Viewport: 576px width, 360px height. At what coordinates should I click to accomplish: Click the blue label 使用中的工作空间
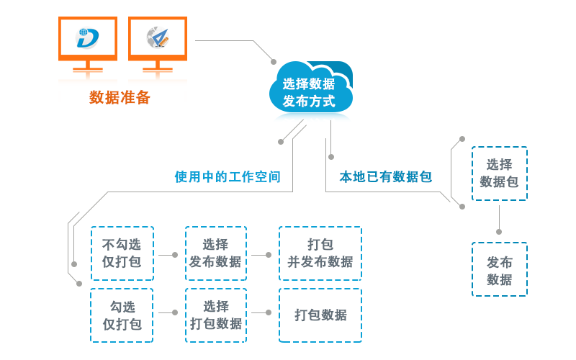click(x=228, y=177)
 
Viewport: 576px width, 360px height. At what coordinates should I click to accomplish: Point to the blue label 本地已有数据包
click(x=386, y=177)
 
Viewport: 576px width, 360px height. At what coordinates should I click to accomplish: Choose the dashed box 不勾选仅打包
click(x=122, y=253)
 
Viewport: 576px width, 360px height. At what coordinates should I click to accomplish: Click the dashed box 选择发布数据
click(x=216, y=253)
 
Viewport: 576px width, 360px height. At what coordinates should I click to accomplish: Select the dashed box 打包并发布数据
click(x=320, y=253)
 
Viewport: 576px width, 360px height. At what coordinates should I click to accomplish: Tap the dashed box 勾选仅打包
click(x=122, y=315)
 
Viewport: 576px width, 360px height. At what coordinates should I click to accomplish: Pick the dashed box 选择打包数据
click(x=216, y=315)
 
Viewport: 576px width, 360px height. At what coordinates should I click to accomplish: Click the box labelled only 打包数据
click(x=320, y=315)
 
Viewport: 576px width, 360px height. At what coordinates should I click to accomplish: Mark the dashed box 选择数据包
click(x=499, y=174)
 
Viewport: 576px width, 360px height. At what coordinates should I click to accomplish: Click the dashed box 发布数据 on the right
click(x=499, y=269)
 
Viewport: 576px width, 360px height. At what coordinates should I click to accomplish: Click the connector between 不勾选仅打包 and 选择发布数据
click(x=168, y=254)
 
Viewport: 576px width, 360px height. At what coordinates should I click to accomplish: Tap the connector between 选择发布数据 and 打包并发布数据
click(x=262, y=254)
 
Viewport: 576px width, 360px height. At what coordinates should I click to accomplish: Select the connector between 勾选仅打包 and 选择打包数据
click(x=168, y=312)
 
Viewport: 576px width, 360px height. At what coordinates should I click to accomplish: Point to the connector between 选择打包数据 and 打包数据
click(x=262, y=312)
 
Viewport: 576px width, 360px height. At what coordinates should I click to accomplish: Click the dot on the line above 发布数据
click(x=499, y=231)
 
